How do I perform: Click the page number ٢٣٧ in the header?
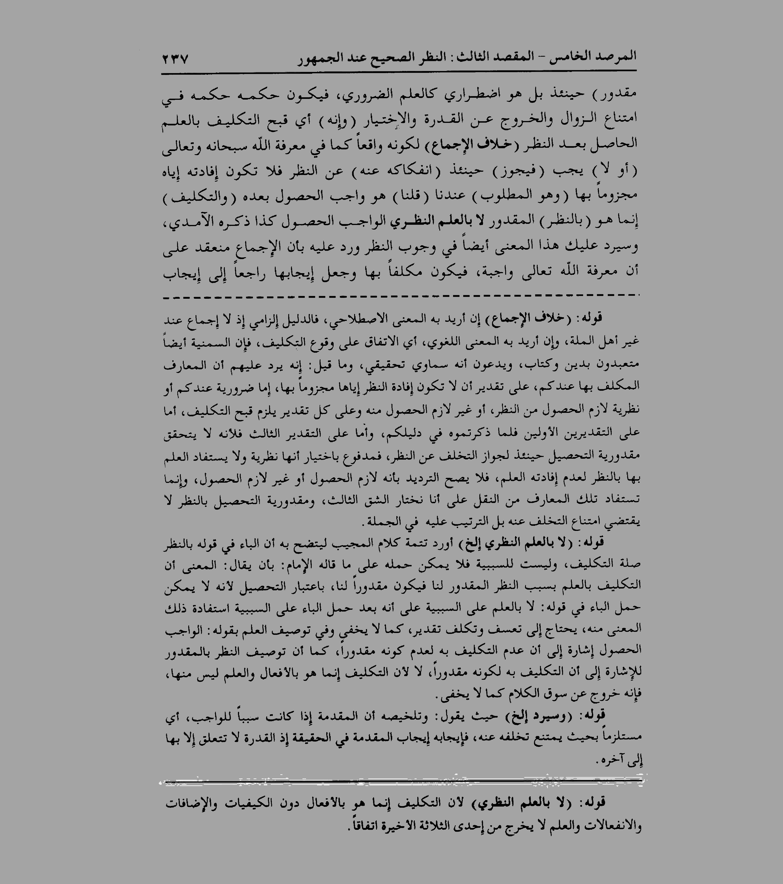pyautogui.click(x=175, y=58)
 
